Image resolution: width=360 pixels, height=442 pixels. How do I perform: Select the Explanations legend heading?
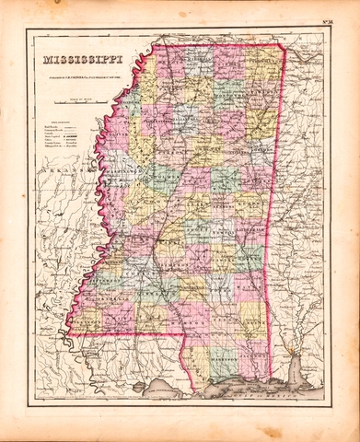(x=56, y=121)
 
